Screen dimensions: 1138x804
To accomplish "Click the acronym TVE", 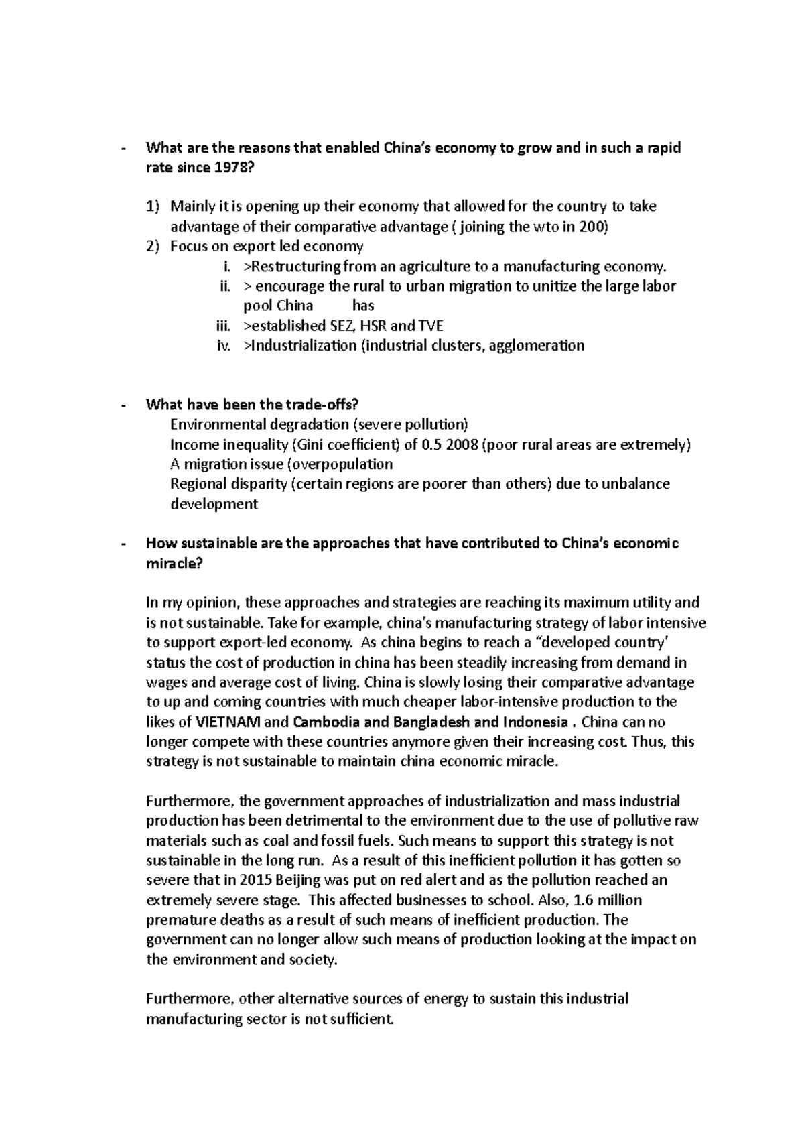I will pyautogui.click(x=431, y=326).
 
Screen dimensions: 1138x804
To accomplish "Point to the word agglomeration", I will pyautogui.click(x=537, y=345).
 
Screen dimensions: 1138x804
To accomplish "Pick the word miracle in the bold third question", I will pyautogui.click(x=172, y=563).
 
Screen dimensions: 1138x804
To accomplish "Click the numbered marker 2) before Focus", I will pyautogui.click(x=153, y=246).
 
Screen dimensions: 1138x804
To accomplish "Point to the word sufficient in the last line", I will pyautogui.click(x=360, y=1019).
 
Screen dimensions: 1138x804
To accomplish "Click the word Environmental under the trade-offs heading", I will pyautogui.click(x=218, y=424).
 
